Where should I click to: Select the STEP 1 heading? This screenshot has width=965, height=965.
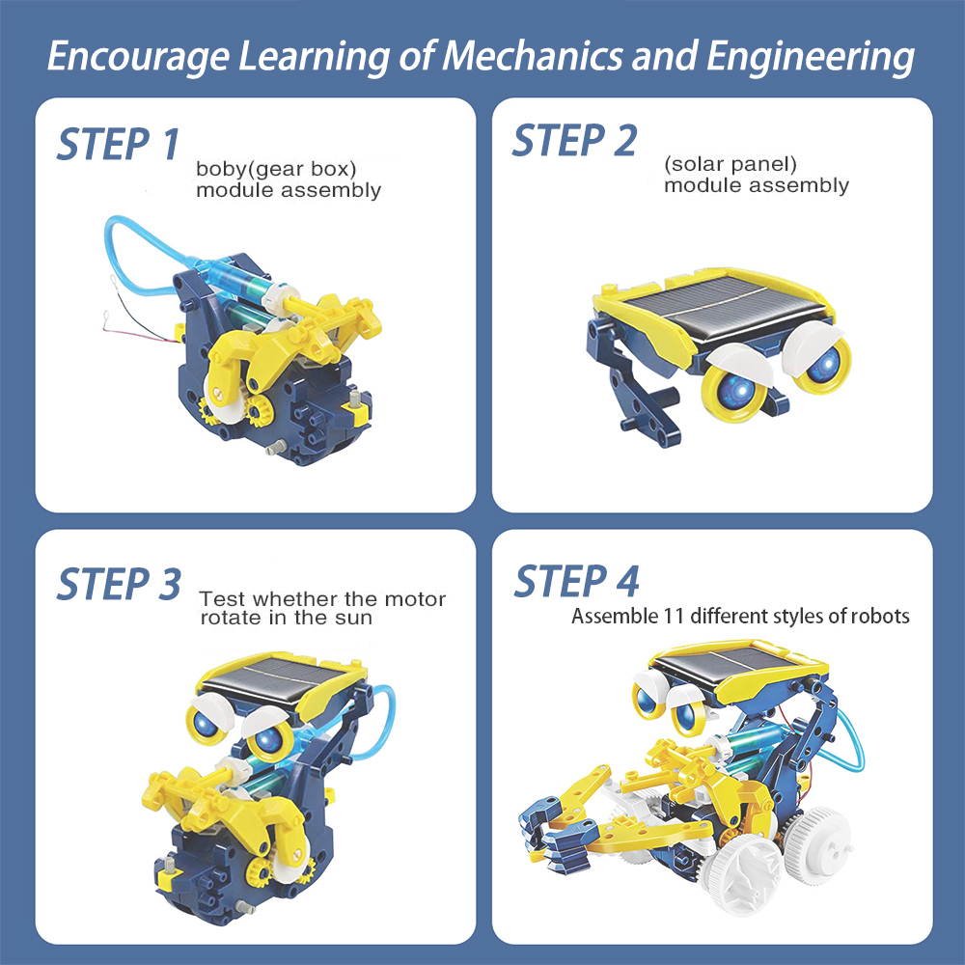(118, 145)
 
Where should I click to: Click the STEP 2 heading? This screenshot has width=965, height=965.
(574, 141)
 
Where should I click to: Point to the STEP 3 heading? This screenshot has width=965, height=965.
(118, 585)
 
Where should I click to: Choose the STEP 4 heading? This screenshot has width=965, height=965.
(576, 582)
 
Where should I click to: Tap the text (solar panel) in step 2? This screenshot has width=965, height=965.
(731, 164)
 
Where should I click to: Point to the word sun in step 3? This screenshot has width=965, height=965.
(352, 619)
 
